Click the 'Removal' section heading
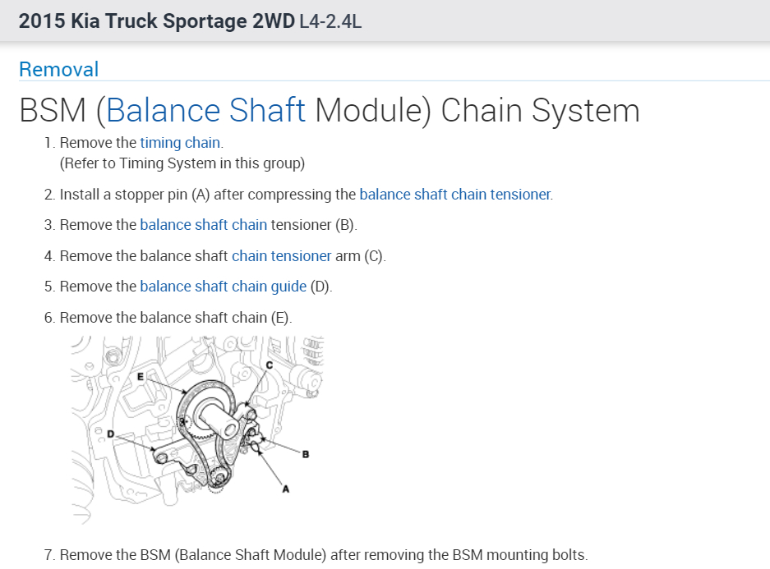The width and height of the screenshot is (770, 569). pos(58,69)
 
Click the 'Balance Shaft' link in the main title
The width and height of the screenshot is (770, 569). pos(206,111)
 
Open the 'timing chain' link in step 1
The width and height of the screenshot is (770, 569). pos(180,143)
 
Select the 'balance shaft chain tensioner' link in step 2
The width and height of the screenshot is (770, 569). pos(455,195)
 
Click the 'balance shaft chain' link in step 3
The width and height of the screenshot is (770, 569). pos(203,225)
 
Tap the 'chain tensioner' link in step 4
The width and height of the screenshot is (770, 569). pos(281,256)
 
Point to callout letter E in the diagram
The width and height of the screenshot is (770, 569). pos(141,375)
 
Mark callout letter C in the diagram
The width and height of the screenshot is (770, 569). pos(270,365)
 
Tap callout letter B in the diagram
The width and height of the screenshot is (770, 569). pos(306,454)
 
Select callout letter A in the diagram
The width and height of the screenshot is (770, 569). pos(286,489)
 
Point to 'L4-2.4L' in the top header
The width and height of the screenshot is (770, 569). pos(331,21)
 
